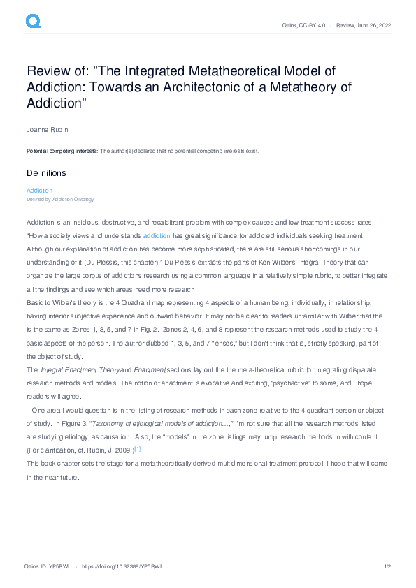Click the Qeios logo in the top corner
[33, 22]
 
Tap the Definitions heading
[46, 172]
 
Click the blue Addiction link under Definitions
[39, 190]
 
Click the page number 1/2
[386, 566]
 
